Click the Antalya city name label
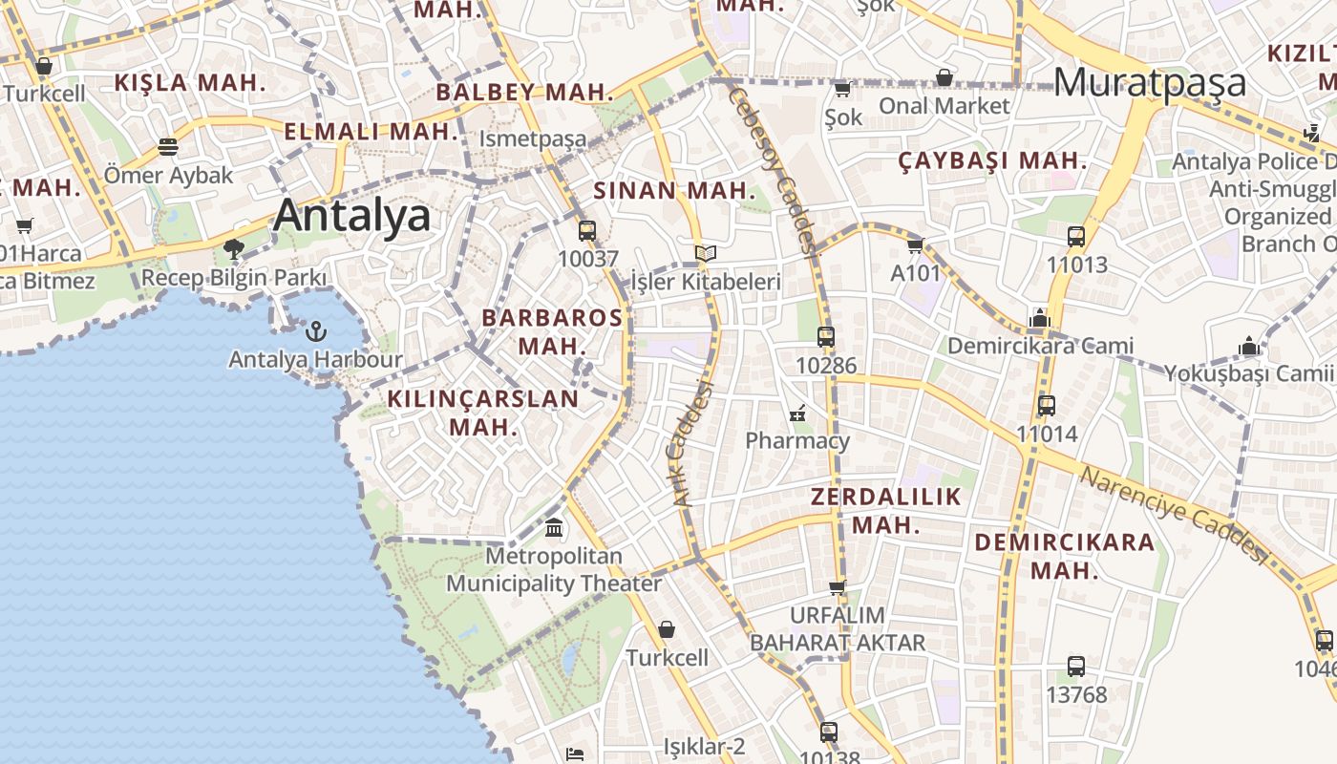click(351, 216)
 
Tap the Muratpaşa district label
click(1151, 82)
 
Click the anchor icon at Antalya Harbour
click(315, 331)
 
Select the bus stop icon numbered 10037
click(587, 230)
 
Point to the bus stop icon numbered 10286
click(826, 336)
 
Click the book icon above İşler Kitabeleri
click(706, 254)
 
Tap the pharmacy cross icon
click(797, 414)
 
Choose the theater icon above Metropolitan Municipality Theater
click(554, 527)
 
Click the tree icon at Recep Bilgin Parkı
click(233, 250)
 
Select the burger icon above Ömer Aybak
click(168, 147)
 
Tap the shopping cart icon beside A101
click(916, 245)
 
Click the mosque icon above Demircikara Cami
click(1040, 318)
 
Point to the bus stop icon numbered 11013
click(1076, 236)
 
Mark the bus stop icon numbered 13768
click(1076, 666)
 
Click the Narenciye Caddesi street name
click(1173, 515)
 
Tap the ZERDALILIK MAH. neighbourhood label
click(885, 511)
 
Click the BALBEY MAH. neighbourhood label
click(524, 93)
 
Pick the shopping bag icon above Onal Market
click(944, 77)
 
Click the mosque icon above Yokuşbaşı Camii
click(1248, 345)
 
